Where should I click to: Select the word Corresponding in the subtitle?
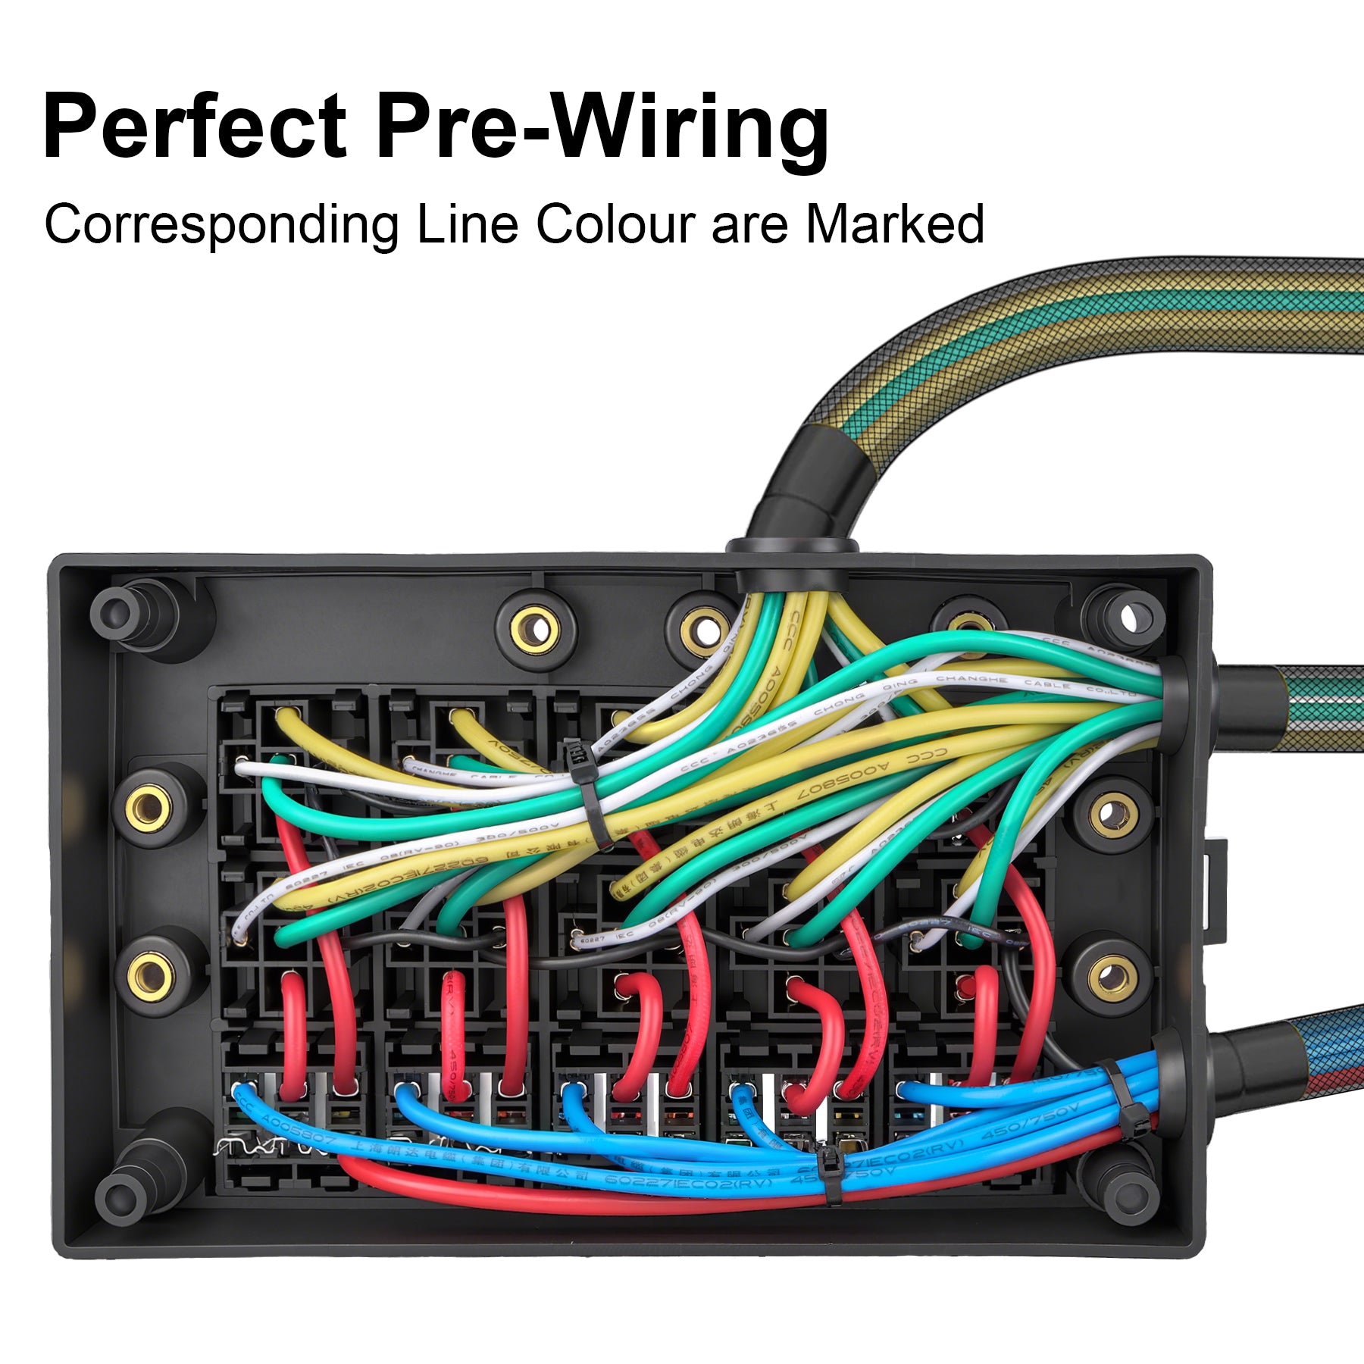click(221, 224)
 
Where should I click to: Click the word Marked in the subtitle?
click(894, 224)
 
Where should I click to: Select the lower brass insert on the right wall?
click(1112, 978)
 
